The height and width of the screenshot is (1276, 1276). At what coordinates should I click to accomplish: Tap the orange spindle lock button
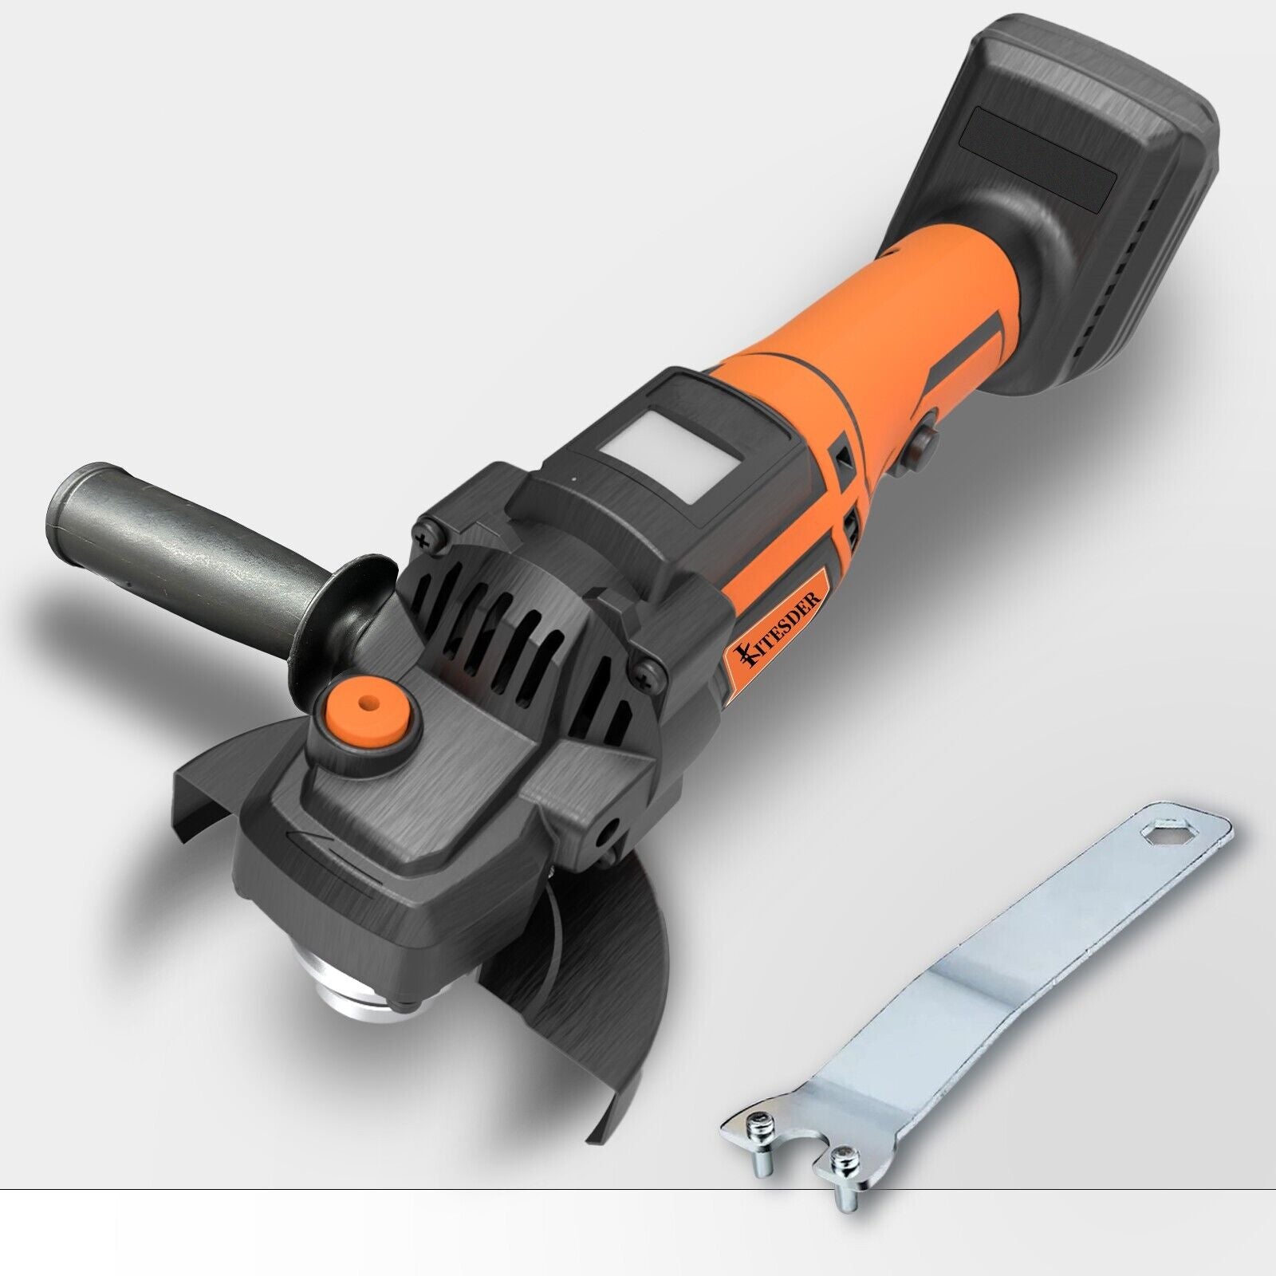point(369,706)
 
